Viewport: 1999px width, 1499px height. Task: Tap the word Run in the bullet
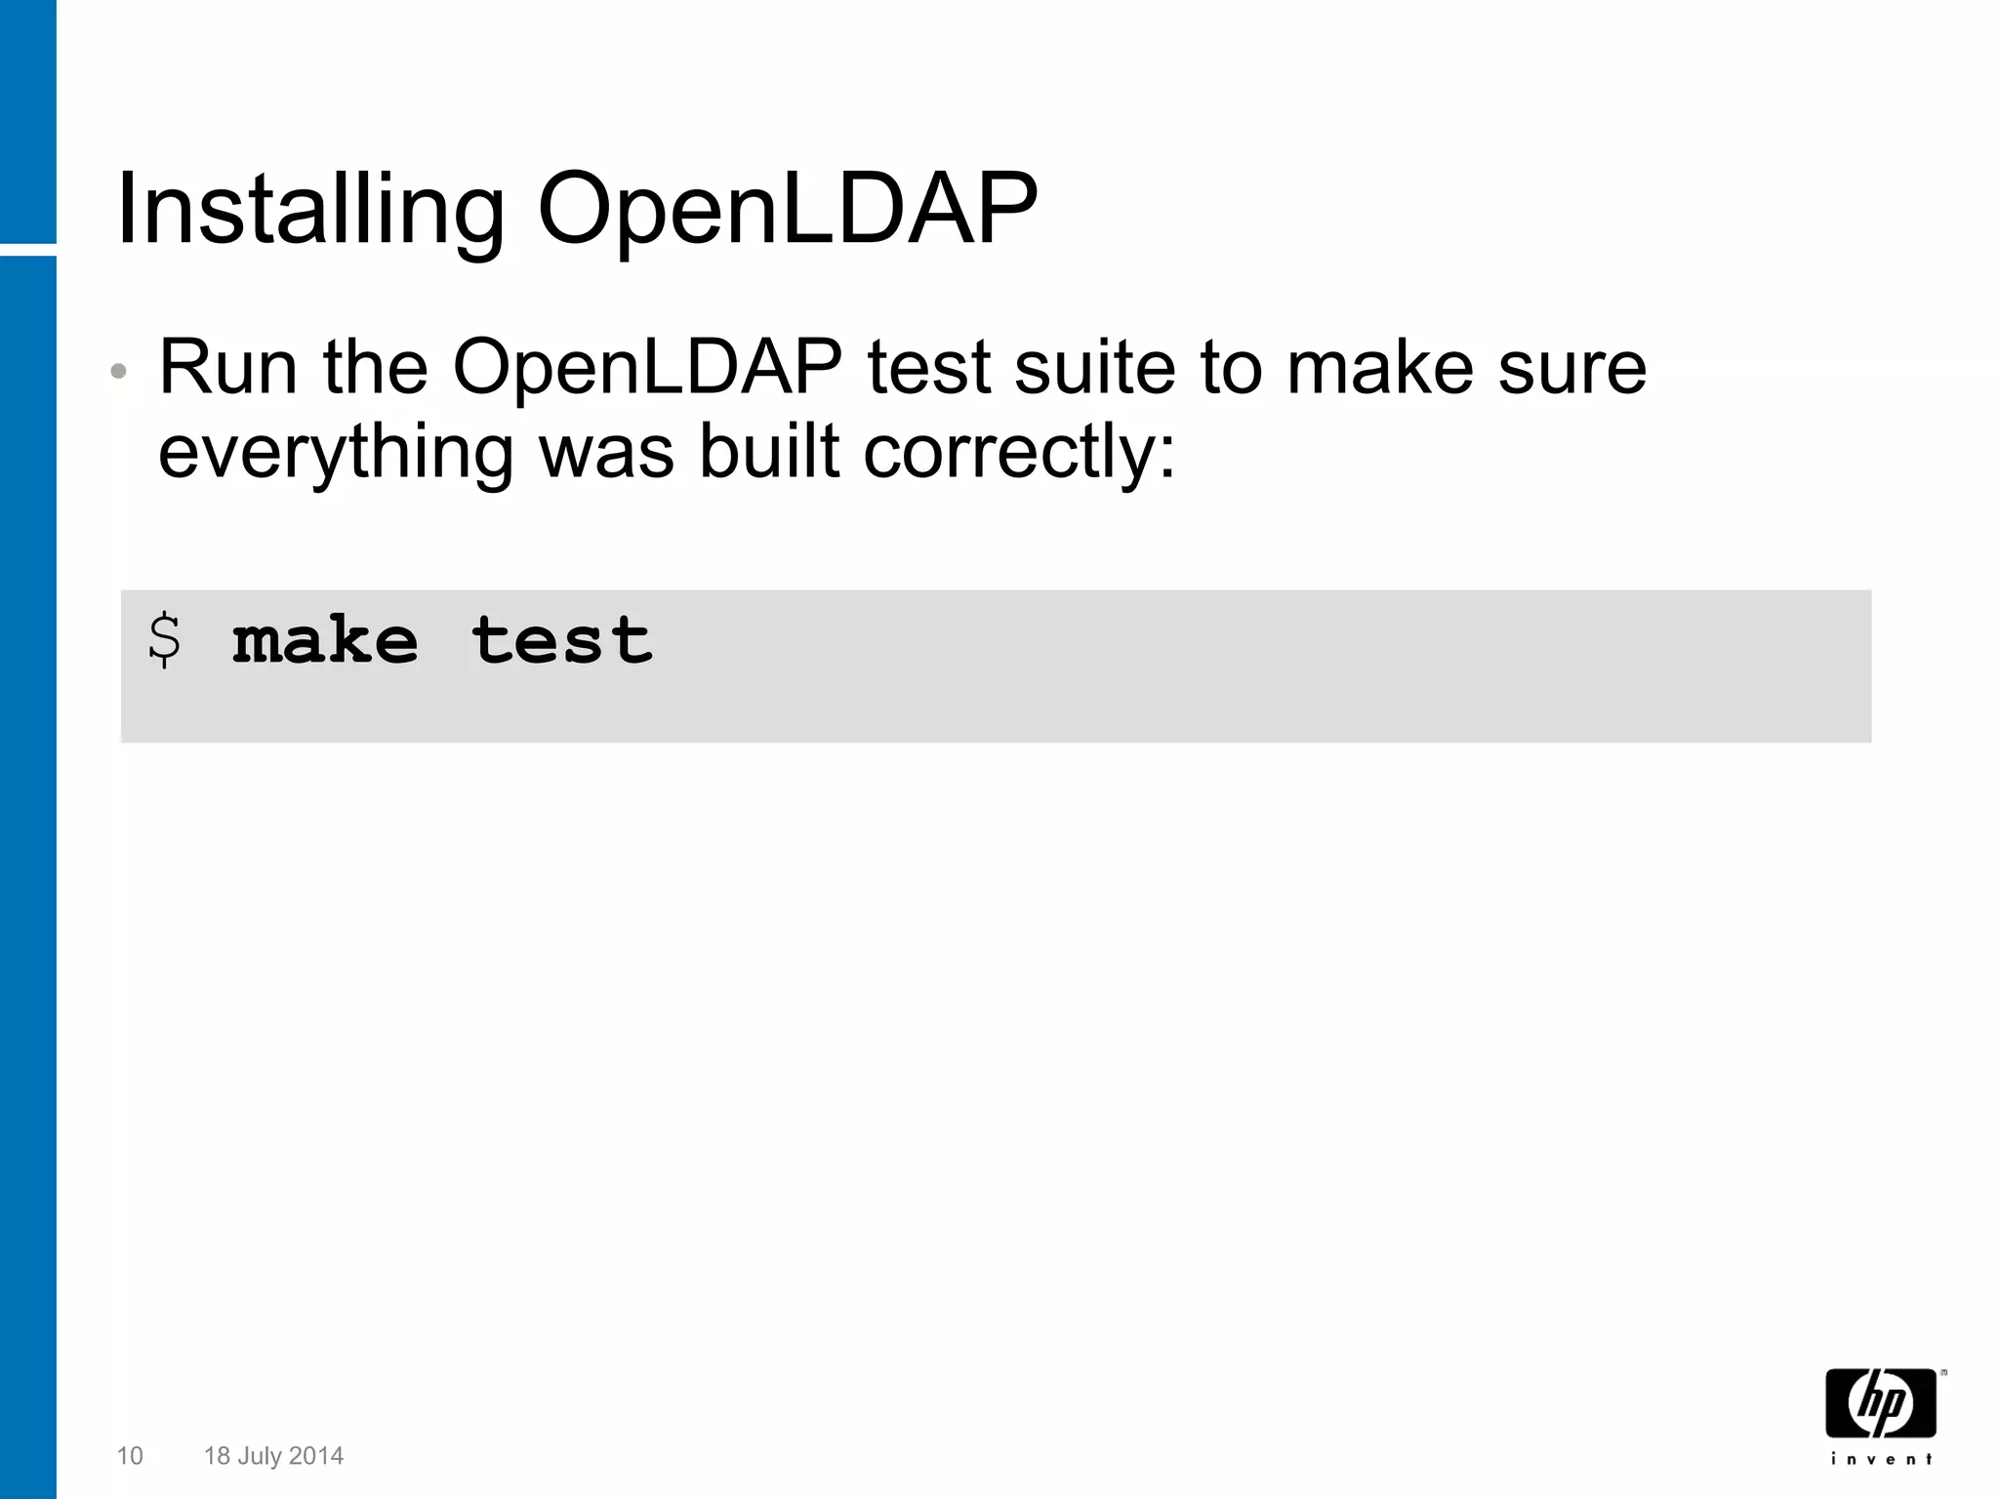(227, 368)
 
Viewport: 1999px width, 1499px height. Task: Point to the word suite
(1094, 368)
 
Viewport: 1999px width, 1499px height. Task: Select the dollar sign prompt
(164, 641)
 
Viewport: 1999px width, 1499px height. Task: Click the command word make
(325, 641)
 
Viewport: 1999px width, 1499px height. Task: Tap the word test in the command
(562, 641)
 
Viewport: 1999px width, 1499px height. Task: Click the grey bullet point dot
(119, 372)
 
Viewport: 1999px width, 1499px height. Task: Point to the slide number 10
(130, 1456)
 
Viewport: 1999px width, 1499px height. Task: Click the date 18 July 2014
(273, 1456)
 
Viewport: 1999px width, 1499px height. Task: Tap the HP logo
(1881, 1403)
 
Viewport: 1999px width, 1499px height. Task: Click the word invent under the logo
(1881, 1460)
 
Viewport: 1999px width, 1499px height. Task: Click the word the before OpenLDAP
(376, 368)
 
